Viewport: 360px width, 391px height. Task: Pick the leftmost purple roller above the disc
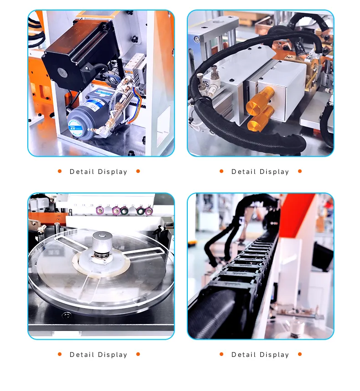tap(100, 210)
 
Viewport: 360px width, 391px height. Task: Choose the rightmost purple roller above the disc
tap(149, 211)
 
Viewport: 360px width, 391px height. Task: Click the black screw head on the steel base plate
tap(66, 315)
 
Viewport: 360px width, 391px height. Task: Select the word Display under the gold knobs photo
tap(274, 172)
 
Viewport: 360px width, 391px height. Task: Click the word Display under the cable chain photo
tap(274, 355)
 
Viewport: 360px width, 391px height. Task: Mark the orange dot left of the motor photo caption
tap(60, 171)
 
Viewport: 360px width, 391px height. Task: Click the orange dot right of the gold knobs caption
tap(300, 171)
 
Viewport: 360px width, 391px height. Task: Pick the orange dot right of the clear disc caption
tap(138, 354)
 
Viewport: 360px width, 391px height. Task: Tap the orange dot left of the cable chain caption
tap(221, 354)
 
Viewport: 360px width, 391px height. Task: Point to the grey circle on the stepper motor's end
tap(62, 73)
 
